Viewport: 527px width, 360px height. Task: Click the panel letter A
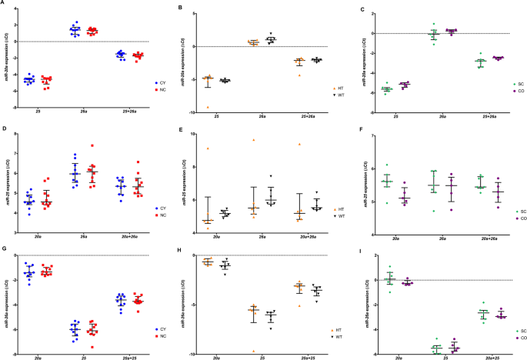pyautogui.click(x=4, y=5)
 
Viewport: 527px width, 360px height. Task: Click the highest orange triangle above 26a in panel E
pyautogui.click(x=252, y=140)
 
